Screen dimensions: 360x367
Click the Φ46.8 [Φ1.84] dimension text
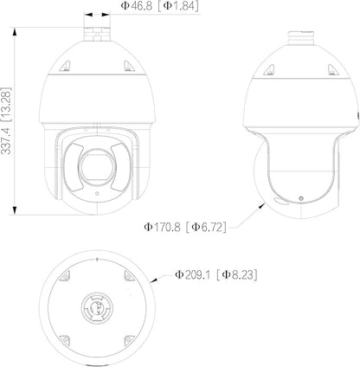click(x=159, y=6)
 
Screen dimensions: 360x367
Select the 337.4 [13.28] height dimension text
click(x=6, y=120)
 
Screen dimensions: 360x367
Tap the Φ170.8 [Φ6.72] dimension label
click(x=185, y=227)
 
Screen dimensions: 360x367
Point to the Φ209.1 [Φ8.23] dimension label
click(x=216, y=274)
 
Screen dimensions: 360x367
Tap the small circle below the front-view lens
click(x=97, y=193)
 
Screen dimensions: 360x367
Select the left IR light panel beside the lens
click(x=73, y=167)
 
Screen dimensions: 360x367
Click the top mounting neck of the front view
click(x=97, y=34)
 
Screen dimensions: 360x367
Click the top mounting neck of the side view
click(x=301, y=37)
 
